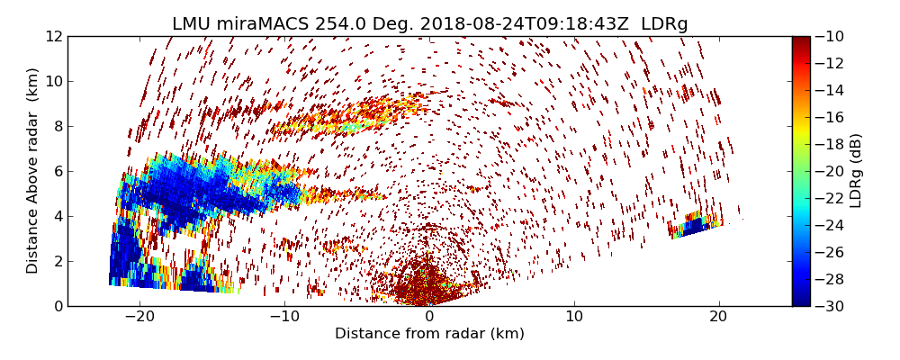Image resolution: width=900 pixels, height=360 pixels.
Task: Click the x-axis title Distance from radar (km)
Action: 429,334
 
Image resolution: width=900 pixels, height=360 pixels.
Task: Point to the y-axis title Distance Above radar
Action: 33,171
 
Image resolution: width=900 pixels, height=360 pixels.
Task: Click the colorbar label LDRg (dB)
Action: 856,171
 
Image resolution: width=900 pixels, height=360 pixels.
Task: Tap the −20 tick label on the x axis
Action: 139,317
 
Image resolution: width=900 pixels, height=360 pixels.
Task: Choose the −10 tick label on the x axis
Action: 284,317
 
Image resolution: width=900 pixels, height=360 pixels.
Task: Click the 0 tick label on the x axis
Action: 429,317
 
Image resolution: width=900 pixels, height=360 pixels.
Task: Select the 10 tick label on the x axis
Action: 574,317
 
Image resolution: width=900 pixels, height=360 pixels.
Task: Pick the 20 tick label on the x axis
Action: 719,317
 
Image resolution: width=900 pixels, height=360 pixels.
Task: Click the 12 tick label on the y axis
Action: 53,37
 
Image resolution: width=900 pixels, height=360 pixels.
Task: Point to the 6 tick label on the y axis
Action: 57,171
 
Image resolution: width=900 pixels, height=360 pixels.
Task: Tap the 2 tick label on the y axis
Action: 57,261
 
